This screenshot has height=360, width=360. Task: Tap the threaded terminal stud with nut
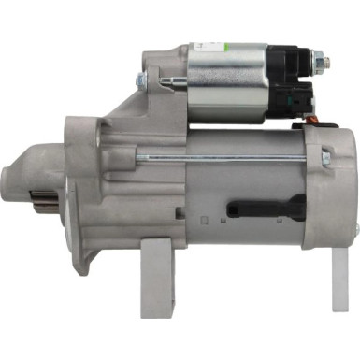(x=320, y=64)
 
